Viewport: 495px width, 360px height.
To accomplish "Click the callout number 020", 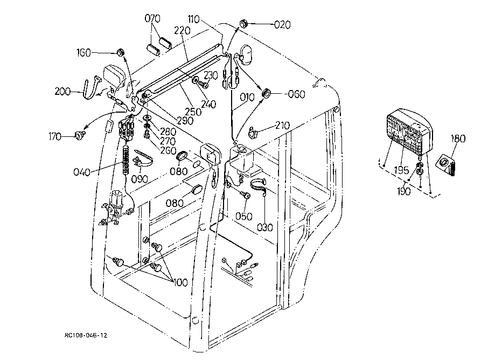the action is click(282, 25).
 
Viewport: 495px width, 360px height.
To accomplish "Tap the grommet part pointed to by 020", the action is click(243, 23).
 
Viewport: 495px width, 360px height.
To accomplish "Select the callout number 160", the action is click(83, 52).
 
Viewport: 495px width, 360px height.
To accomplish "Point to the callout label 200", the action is click(62, 92).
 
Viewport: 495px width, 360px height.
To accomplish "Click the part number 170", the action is click(55, 137).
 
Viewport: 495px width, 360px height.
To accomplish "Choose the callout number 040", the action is click(82, 172).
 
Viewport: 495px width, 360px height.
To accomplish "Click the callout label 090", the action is click(140, 179).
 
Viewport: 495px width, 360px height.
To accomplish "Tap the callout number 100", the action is click(180, 282).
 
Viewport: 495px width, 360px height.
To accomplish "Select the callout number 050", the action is click(244, 216).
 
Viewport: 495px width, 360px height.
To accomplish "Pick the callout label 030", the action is click(265, 227).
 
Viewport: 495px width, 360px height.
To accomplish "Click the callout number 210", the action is click(282, 126).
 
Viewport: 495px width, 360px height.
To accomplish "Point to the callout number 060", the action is click(296, 94).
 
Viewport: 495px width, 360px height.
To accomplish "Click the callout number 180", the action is click(458, 139).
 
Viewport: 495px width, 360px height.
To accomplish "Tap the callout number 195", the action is click(402, 170).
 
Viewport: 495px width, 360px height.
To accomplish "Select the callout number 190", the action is click(404, 191).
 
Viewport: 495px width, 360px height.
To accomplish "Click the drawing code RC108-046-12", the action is click(86, 335).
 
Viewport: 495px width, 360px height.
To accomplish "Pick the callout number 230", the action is click(211, 75).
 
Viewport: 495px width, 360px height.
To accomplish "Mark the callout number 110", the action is click(193, 19).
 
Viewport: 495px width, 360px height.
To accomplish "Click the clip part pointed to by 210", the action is click(252, 133).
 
